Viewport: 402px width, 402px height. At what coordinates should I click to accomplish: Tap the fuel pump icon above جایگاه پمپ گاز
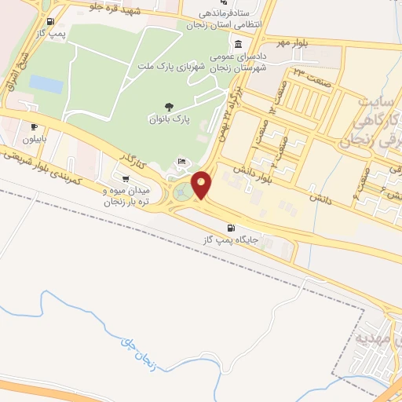tap(230, 228)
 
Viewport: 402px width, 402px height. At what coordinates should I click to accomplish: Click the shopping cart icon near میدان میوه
tap(126, 179)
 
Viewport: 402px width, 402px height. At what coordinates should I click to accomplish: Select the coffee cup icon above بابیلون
tap(34, 126)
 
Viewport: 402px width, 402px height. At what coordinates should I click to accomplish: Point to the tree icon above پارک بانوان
tap(169, 107)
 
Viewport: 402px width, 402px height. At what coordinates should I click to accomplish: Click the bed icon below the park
tap(182, 161)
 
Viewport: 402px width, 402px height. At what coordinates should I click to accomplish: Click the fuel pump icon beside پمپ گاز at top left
tap(50, 21)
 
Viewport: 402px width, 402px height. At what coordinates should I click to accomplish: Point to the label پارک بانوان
tap(170, 120)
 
